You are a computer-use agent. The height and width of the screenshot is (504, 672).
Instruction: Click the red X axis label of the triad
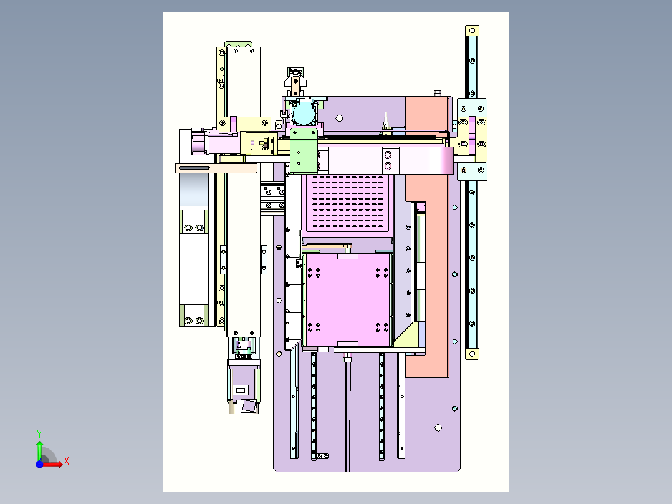[67, 462]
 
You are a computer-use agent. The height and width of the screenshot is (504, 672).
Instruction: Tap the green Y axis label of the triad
[39, 432]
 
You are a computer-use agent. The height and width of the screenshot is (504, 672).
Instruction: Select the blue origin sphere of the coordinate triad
[39, 465]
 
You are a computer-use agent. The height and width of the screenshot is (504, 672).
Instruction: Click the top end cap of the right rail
[472, 31]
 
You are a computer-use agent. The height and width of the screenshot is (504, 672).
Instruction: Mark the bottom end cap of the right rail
[472, 354]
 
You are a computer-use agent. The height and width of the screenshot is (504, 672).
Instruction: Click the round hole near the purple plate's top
[339, 117]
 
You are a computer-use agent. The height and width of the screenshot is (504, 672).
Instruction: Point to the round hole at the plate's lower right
[438, 428]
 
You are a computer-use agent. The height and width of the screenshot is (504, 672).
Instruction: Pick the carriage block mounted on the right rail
[472, 138]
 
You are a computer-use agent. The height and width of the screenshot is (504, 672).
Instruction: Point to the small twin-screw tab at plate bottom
[322, 457]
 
